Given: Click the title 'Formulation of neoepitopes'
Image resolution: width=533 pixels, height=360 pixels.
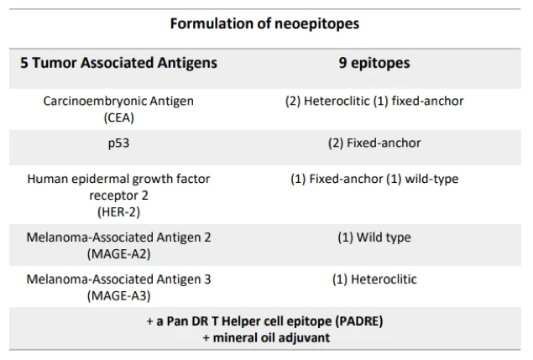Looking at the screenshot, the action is pos(264,23).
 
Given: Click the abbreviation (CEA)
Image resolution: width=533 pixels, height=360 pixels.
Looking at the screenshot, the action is pos(118,117).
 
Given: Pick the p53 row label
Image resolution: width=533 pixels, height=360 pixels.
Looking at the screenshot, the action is pos(118,143).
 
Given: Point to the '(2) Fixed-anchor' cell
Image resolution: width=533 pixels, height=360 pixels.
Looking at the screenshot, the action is pos(374,143).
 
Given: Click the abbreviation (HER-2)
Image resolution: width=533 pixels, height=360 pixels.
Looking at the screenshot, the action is pos(118,212).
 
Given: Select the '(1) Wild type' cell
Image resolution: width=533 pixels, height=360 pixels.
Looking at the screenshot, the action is pos(374,237).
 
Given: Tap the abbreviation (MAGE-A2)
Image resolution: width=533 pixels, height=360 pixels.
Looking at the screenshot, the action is pos(118,253).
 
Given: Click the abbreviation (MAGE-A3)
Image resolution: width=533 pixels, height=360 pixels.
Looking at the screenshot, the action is pos(118,295).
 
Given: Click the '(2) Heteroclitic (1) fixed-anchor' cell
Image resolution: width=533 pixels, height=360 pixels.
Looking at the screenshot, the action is pos(374,102).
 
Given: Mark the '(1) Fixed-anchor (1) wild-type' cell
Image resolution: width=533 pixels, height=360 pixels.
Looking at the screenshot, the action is pos(374,180).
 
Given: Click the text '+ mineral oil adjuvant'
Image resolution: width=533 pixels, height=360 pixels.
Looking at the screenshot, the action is pos(265,337).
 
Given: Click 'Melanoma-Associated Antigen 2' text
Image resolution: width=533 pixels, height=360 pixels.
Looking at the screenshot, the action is pos(118,237).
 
